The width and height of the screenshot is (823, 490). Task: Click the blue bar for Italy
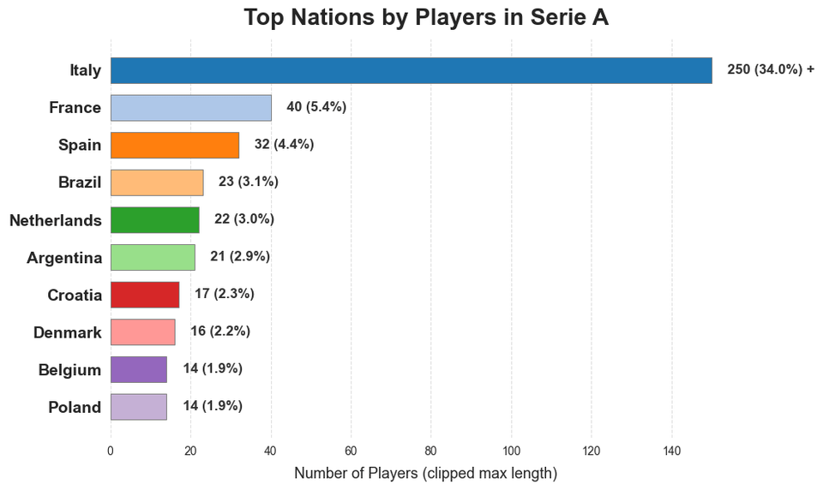411,70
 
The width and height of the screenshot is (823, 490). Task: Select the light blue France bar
190,108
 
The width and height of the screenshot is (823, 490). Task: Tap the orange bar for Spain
175,145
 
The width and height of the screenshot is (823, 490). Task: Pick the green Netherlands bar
154,220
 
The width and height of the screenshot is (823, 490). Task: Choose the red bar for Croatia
145,295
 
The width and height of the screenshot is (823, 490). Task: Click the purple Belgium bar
138,369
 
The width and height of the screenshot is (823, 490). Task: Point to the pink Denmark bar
142,332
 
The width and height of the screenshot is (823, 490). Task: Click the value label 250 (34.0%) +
770,70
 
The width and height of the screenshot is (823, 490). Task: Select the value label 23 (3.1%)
249,182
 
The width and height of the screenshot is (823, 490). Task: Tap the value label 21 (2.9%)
240,256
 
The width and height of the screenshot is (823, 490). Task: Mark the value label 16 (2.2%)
220,332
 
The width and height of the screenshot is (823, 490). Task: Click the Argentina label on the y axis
64,258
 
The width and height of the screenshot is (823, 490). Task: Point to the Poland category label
75,408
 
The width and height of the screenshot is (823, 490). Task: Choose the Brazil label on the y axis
80,182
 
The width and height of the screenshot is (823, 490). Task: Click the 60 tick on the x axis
351,451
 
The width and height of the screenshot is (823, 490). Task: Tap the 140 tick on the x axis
671,451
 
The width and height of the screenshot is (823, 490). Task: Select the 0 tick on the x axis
111,451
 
